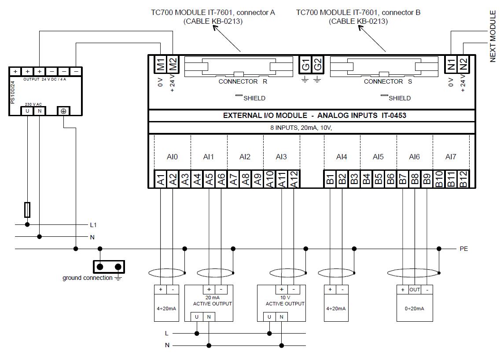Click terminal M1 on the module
coord(161,64)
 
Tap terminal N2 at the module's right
coord(463,64)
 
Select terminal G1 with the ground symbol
coord(305,64)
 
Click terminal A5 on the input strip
coord(209,179)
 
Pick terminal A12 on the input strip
coord(294,179)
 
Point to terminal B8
coord(415,179)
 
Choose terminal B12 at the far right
coord(463,179)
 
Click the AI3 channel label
coord(281,157)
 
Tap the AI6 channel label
coord(414,157)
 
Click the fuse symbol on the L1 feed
coord(27,210)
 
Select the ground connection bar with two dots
coord(109,267)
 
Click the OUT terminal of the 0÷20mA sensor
coord(415,290)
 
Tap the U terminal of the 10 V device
coord(269,317)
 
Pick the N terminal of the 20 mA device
coord(209,317)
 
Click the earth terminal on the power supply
coord(64,111)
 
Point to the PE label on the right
coord(463,249)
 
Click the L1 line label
coord(93,225)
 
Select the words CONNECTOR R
coord(243,82)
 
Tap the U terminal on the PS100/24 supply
coord(27,111)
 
